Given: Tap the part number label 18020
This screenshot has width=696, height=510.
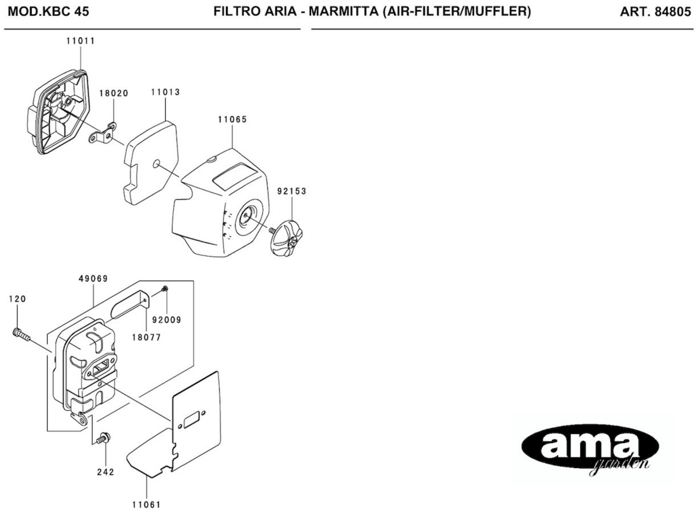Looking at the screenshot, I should (x=113, y=93).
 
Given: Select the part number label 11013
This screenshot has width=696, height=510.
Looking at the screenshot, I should (x=165, y=92).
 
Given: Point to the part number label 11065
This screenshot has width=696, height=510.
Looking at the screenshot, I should (x=232, y=119).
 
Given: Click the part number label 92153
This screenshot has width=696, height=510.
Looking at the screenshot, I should (x=292, y=191).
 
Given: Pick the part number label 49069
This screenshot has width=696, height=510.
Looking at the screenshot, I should (x=93, y=279).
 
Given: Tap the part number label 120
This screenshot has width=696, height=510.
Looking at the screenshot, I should (x=17, y=299).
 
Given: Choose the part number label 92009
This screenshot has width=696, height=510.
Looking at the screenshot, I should (x=167, y=320).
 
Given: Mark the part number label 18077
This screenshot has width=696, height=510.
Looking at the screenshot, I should (x=147, y=337).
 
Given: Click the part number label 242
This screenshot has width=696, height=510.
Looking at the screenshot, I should (x=105, y=472).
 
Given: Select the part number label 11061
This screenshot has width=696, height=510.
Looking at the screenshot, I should (x=147, y=505).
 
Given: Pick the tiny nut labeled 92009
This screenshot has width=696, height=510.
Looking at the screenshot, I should (x=165, y=289).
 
